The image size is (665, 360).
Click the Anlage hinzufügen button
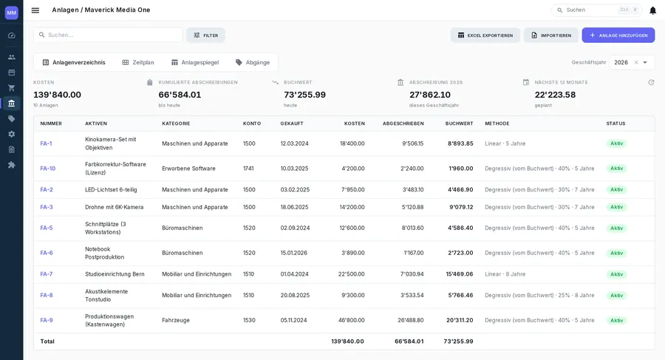618,35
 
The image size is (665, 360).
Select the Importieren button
551,35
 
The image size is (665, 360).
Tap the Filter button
205,35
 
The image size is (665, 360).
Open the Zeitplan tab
138,62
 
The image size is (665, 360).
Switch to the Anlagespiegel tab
195,62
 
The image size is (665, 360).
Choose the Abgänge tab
253,62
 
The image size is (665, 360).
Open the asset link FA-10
48,169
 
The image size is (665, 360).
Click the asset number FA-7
47,274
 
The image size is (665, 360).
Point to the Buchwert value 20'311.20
460,320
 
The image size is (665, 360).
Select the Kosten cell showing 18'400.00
352,143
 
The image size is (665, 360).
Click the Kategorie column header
176,123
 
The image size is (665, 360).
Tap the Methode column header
497,123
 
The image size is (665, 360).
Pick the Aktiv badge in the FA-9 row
617,321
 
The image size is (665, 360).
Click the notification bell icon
652,10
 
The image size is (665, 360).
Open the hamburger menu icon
35,10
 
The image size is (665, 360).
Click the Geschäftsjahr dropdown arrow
645,62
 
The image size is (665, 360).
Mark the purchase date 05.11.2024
293,320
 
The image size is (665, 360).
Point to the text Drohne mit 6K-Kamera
114,207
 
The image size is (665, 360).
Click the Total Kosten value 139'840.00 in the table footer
347,342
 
